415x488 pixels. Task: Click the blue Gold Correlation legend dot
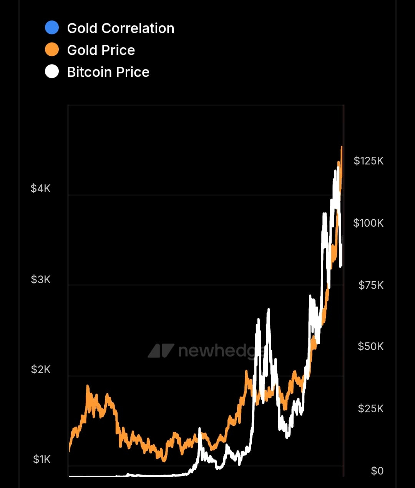point(52,28)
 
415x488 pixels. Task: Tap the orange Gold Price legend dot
point(52,50)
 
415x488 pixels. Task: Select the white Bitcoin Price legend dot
point(52,71)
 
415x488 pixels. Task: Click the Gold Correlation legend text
point(120,28)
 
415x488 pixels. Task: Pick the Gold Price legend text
point(101,50)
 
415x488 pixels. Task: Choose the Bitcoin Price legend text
point(108,72)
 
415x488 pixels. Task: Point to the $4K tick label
point(41,188)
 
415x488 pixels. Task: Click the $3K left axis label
point(41,279)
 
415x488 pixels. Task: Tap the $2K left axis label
point(41,370)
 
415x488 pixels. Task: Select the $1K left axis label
point(41,459)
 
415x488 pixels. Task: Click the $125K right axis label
point(369,161)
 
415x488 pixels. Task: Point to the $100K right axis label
point(368,223)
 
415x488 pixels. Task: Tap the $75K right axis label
point(371,285)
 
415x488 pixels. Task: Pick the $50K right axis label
point(370,346)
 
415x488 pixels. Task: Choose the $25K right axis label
point(370,408)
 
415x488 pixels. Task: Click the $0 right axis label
point(377,471)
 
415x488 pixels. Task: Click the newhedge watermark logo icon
point(161,350)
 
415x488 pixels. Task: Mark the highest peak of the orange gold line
point(342,147)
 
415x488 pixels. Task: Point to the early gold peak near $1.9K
point(88,385)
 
